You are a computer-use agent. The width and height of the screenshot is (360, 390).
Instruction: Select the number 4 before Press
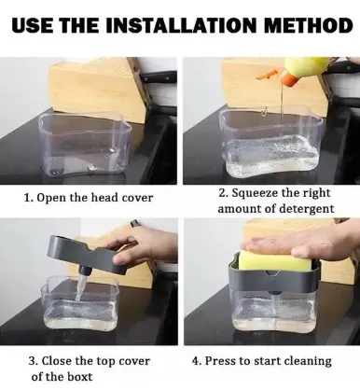pos(195,361)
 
